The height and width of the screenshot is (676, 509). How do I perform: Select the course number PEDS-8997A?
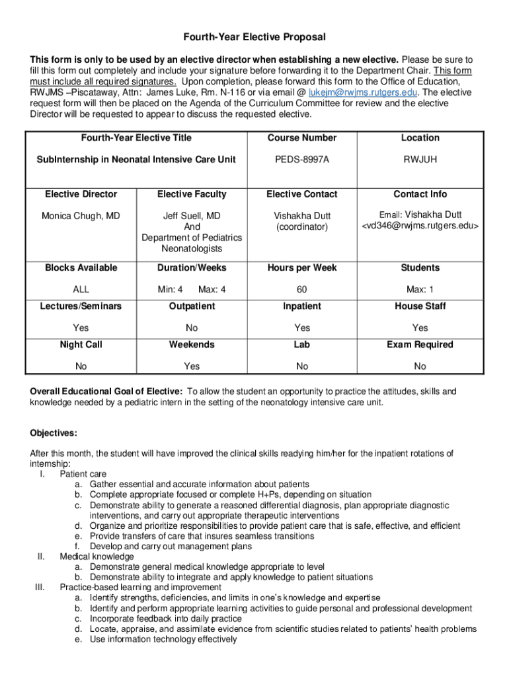coord(301,159)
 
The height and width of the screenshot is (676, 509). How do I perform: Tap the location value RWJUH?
coord(420,159)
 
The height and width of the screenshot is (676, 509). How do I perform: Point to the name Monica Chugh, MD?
coord(81,216)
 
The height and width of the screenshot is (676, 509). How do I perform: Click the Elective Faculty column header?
coord(192,194)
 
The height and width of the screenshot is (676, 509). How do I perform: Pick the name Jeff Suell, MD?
coord(192,216)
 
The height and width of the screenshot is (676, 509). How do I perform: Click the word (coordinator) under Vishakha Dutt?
coord(301,226)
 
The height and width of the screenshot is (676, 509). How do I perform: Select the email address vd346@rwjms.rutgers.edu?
coord(420,226)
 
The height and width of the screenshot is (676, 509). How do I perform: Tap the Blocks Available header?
coord(81,267)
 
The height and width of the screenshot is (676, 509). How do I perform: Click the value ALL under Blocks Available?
coord(81,289)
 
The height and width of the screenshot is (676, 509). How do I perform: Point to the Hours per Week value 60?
coord(301,289)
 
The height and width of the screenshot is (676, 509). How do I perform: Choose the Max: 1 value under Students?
coord(420,289)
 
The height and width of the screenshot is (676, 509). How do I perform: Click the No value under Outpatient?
coord(192,327)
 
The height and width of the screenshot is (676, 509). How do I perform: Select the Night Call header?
coord(81,345)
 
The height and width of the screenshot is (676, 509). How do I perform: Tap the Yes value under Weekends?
coord(192,366)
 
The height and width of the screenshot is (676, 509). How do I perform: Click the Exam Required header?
coord(420,345)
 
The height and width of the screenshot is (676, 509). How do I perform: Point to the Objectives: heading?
coord(54,433)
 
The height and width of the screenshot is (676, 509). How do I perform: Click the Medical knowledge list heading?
coord(97,557)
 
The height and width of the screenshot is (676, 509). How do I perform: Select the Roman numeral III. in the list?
coord(38,588)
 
